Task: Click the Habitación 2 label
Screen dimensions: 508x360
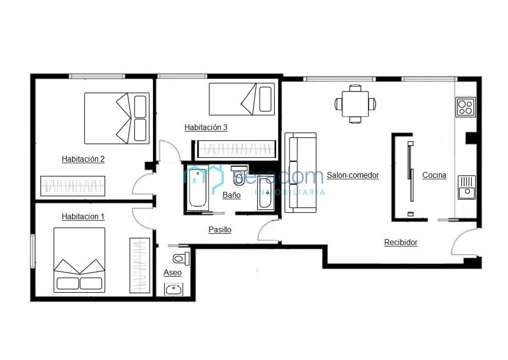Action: coord(83,159)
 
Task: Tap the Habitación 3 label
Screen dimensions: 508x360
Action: coord(206,128)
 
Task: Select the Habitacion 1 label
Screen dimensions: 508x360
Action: coord(83,216)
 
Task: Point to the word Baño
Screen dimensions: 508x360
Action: coord(231,195)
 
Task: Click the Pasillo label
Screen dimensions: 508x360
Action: coord(220,230)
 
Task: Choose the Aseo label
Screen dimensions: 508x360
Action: coord(172,273)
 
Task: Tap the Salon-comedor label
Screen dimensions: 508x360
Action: coord(353,175)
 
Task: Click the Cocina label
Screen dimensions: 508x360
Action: coord(434,175)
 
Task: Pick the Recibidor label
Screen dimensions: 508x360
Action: coord(400,243)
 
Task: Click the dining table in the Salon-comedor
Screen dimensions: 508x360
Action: coord(355,104)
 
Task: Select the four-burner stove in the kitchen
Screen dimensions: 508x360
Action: coord(466,107)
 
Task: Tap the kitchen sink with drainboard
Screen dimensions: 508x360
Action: coord(467,187)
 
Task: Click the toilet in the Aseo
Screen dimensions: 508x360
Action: coord(181,259)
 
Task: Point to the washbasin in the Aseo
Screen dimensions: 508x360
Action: coord(174,289)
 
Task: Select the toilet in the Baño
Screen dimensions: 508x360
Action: coord(239,175)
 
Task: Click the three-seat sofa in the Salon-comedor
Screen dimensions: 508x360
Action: coord(301,173)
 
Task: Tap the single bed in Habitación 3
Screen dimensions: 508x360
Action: coord(242,99)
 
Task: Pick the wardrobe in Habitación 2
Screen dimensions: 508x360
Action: coord(73,186)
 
